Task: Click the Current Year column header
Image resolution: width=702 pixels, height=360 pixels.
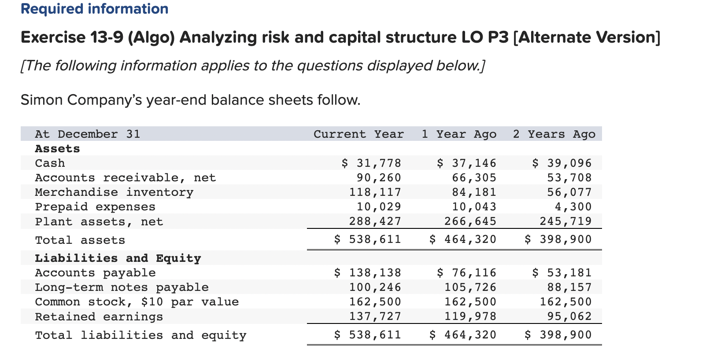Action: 358,134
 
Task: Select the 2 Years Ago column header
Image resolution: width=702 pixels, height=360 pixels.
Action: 554,134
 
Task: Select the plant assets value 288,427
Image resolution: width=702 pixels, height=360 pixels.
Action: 375,221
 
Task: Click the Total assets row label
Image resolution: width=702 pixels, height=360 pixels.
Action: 80,240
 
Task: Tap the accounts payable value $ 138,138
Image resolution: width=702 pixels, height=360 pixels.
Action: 367,273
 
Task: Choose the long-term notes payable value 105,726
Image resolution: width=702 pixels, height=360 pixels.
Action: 470,287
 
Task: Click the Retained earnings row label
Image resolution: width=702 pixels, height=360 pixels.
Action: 99,317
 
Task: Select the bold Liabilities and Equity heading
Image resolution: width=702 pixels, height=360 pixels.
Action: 118,258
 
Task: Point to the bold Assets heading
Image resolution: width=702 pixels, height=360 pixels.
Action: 57,149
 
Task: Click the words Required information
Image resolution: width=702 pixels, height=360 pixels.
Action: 94,9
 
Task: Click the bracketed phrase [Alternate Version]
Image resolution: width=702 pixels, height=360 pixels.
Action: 587,37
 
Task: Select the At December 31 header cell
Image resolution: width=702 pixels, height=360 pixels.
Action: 87,134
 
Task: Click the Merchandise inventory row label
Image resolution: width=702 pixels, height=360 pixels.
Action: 114,192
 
